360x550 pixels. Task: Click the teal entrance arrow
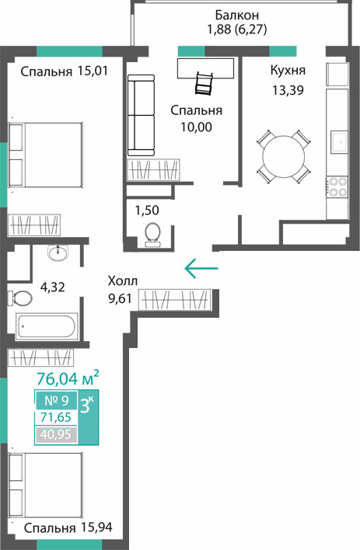coord(201,268)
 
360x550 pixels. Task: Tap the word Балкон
coord(236,15)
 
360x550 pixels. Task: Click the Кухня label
coord(288,71)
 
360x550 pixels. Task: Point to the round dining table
coord(284,156)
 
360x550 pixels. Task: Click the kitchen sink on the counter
coord(338,142)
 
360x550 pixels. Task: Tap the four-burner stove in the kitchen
coord(337,186)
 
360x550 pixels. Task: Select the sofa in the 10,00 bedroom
coord(141,115)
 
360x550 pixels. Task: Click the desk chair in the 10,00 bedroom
coord(204,83)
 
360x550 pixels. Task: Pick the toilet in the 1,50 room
coord(152,233)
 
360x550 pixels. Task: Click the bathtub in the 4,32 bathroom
coord(47,326)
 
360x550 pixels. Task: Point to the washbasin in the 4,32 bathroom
coord(58,252)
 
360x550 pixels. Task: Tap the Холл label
coord(123,281)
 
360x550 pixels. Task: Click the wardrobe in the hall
coord(174,300)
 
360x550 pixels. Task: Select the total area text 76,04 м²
coord(68,378)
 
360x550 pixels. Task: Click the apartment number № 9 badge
coord(57,400)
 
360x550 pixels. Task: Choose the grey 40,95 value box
coord(56,435)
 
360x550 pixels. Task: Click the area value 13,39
coord(288,90)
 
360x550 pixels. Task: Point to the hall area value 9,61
coord(120,299)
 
